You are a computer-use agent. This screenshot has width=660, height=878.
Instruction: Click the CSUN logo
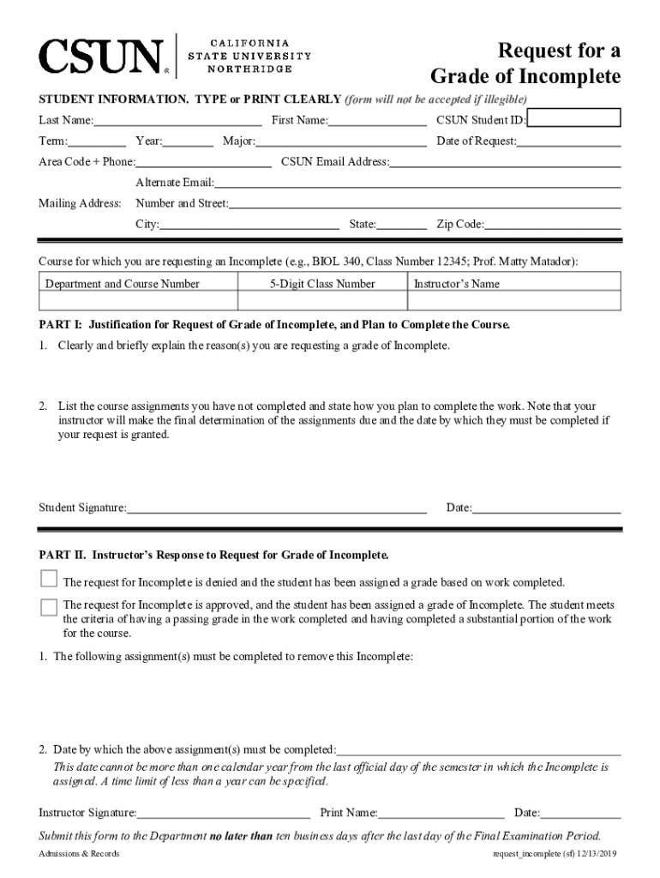pos(101,57)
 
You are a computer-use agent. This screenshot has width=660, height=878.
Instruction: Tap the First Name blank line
pos(377,124)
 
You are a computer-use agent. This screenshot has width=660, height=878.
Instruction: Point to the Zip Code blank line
pos(553,228)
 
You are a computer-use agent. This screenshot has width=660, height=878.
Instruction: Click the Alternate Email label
pos(175,183)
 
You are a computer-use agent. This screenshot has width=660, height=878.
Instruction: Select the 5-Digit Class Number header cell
pos(321,284)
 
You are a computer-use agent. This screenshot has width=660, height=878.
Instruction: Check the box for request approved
pos(49,606)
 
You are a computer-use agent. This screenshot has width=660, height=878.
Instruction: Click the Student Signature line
pos(277,512)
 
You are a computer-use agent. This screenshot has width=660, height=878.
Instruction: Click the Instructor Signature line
pos(224,816)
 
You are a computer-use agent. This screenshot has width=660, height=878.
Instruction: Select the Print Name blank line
pos(441,816)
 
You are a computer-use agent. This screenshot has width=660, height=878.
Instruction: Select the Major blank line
pos(341,145)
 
